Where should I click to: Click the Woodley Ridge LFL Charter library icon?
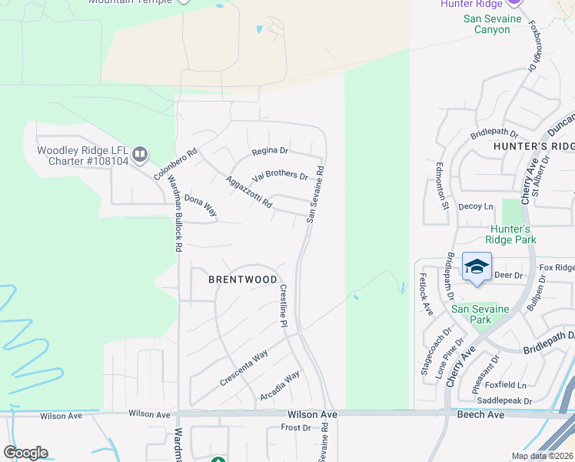pos(140,156)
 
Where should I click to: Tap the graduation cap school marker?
pos(477,267)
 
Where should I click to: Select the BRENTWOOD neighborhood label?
pos(243,280)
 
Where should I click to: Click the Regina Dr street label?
pos(270,151)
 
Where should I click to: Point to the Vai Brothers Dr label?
pos(280,175)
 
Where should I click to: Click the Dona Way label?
pos(201,206)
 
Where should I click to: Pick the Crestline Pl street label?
pos(283,306)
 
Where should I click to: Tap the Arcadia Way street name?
pos(280,387)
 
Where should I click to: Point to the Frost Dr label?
pos(295,427)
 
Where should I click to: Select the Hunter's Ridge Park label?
pos(511,234)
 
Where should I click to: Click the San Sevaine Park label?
pos(481,314)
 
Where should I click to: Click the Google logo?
pos(25,453)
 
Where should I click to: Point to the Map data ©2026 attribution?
pos(543,456)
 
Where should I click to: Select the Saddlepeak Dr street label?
pos(504,400)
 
